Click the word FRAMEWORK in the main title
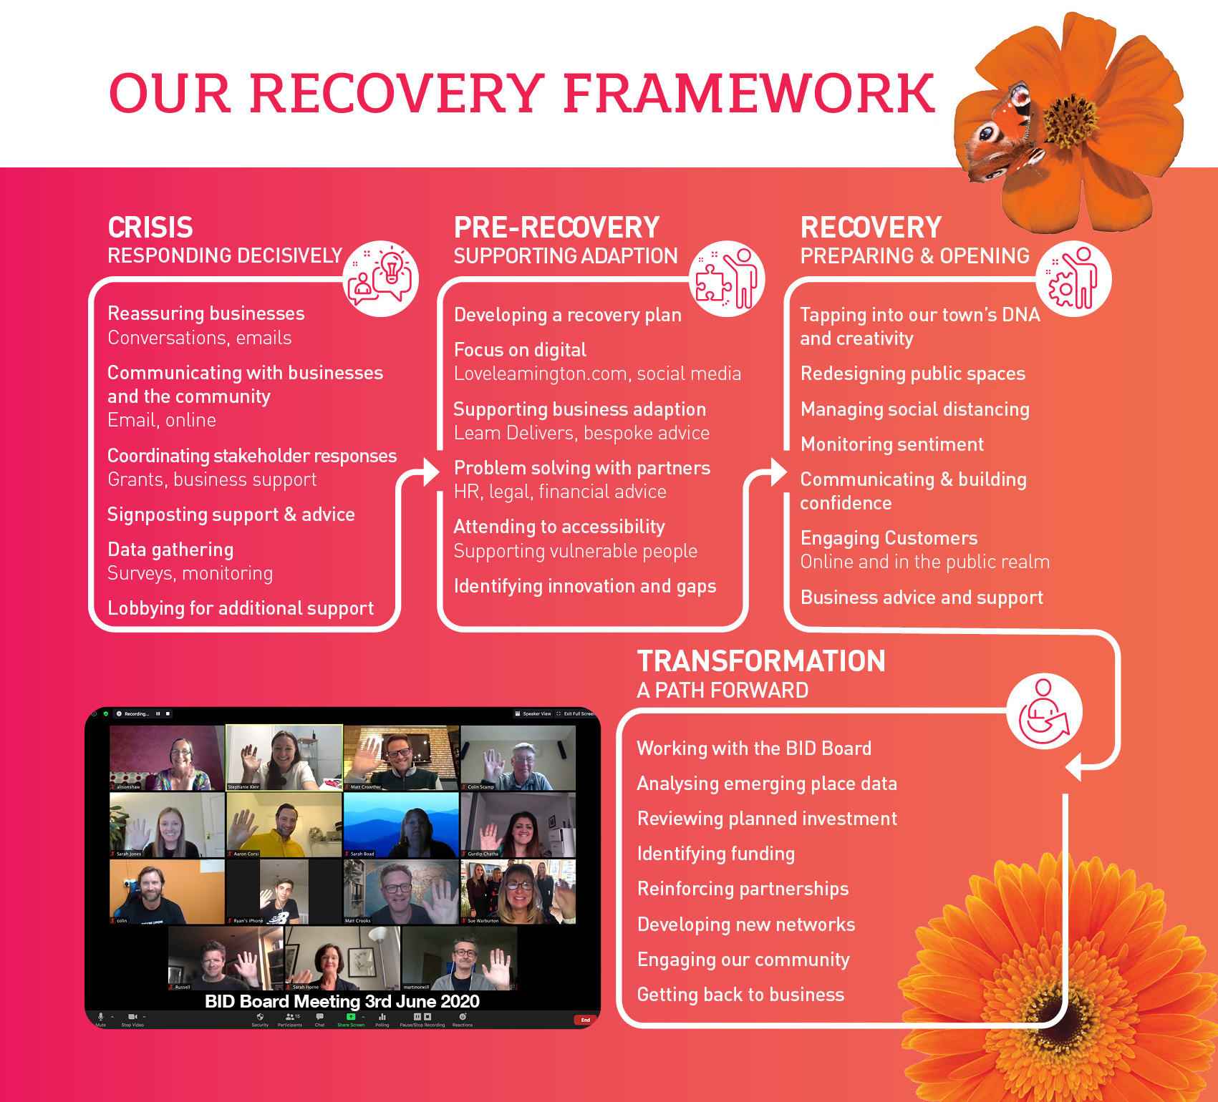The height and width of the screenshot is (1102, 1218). pos(749,94)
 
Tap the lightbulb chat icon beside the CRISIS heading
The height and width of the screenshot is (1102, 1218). pos(380,278)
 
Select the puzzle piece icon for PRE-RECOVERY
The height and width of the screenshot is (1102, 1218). pos(726,278)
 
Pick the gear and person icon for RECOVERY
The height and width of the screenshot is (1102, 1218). pos(1073,278)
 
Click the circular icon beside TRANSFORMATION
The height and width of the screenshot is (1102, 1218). pos(1044,711)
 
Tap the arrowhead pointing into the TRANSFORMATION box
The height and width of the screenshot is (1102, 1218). pos(1073,767)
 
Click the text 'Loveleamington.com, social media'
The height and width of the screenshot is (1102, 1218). pos(597,374)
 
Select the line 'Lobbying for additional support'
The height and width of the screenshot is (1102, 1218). pos(241,609)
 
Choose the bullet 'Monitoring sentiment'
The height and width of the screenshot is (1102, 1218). pos(891,445)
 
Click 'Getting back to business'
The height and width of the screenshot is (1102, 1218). pos(740,995)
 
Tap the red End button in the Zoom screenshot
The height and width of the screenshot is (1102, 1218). pos(585,1020)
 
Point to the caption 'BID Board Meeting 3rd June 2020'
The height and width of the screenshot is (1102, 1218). pos(342,1001)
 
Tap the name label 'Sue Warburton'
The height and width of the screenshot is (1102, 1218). pos(483,921)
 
